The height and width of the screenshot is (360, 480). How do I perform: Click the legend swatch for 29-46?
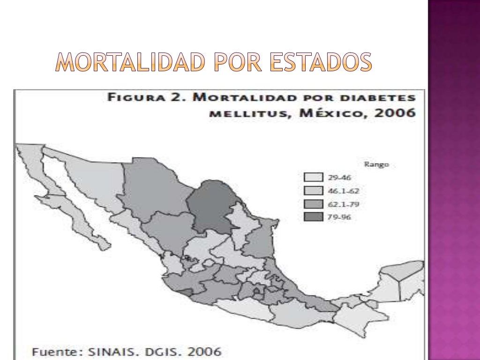[x=313, y=177]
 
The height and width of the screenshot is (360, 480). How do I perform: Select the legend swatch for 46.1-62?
[x=313, y=190]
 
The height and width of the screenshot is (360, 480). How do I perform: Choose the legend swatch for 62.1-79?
[x=313, y=204]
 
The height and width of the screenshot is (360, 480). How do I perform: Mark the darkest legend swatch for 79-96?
[x=313, y=217]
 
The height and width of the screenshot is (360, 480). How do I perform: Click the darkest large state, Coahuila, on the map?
[x=211, y=204]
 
